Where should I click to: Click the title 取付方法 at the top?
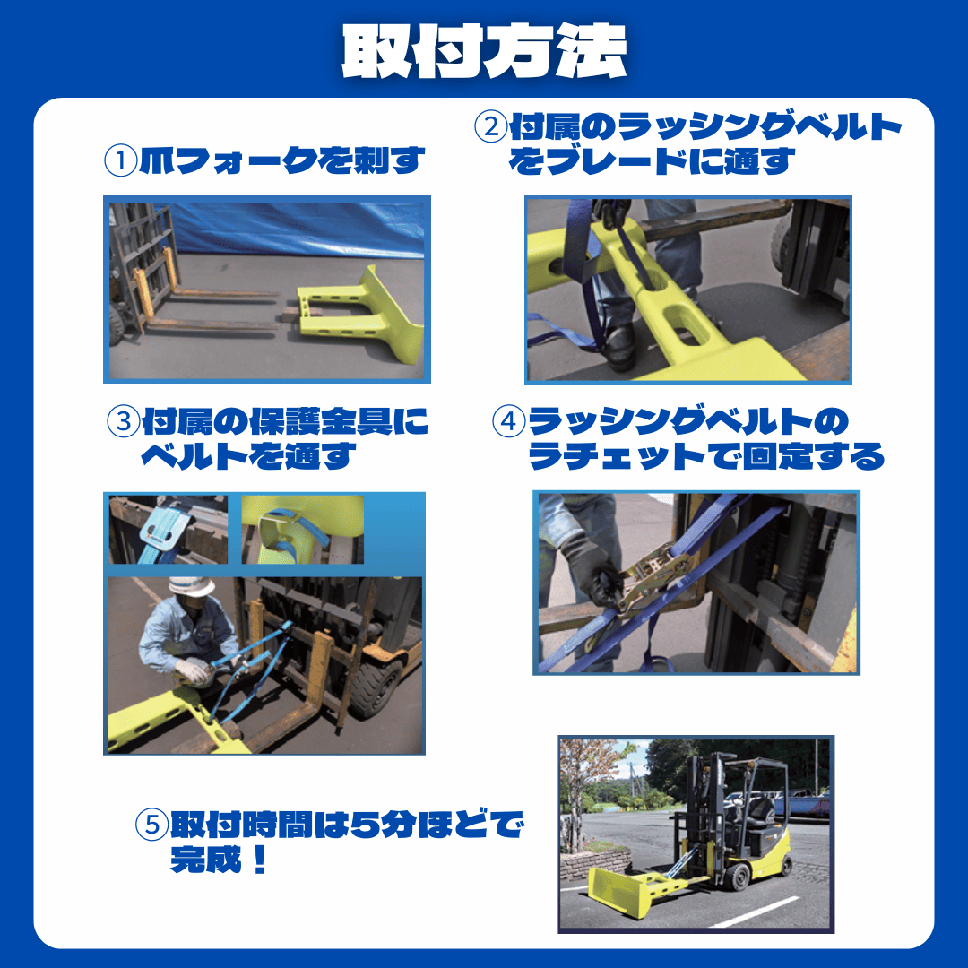pos(484,51)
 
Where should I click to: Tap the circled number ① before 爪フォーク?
pos(119,161)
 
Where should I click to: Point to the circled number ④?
pos(508,422)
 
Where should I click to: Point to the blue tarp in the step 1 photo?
pos(296,229)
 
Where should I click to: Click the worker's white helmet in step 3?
pos(191,586)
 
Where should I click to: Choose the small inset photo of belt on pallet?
pos(169,529)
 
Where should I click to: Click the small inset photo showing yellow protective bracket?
pos(301,529)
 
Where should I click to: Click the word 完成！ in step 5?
pos(220,860)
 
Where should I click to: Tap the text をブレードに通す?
pos(653,161)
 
